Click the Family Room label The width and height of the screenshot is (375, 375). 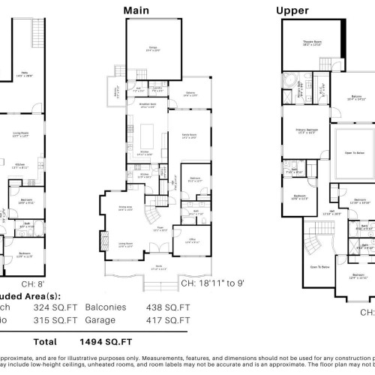[190, 136]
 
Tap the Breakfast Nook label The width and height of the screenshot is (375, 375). [148, 106]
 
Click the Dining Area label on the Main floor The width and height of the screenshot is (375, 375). [125, 209]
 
